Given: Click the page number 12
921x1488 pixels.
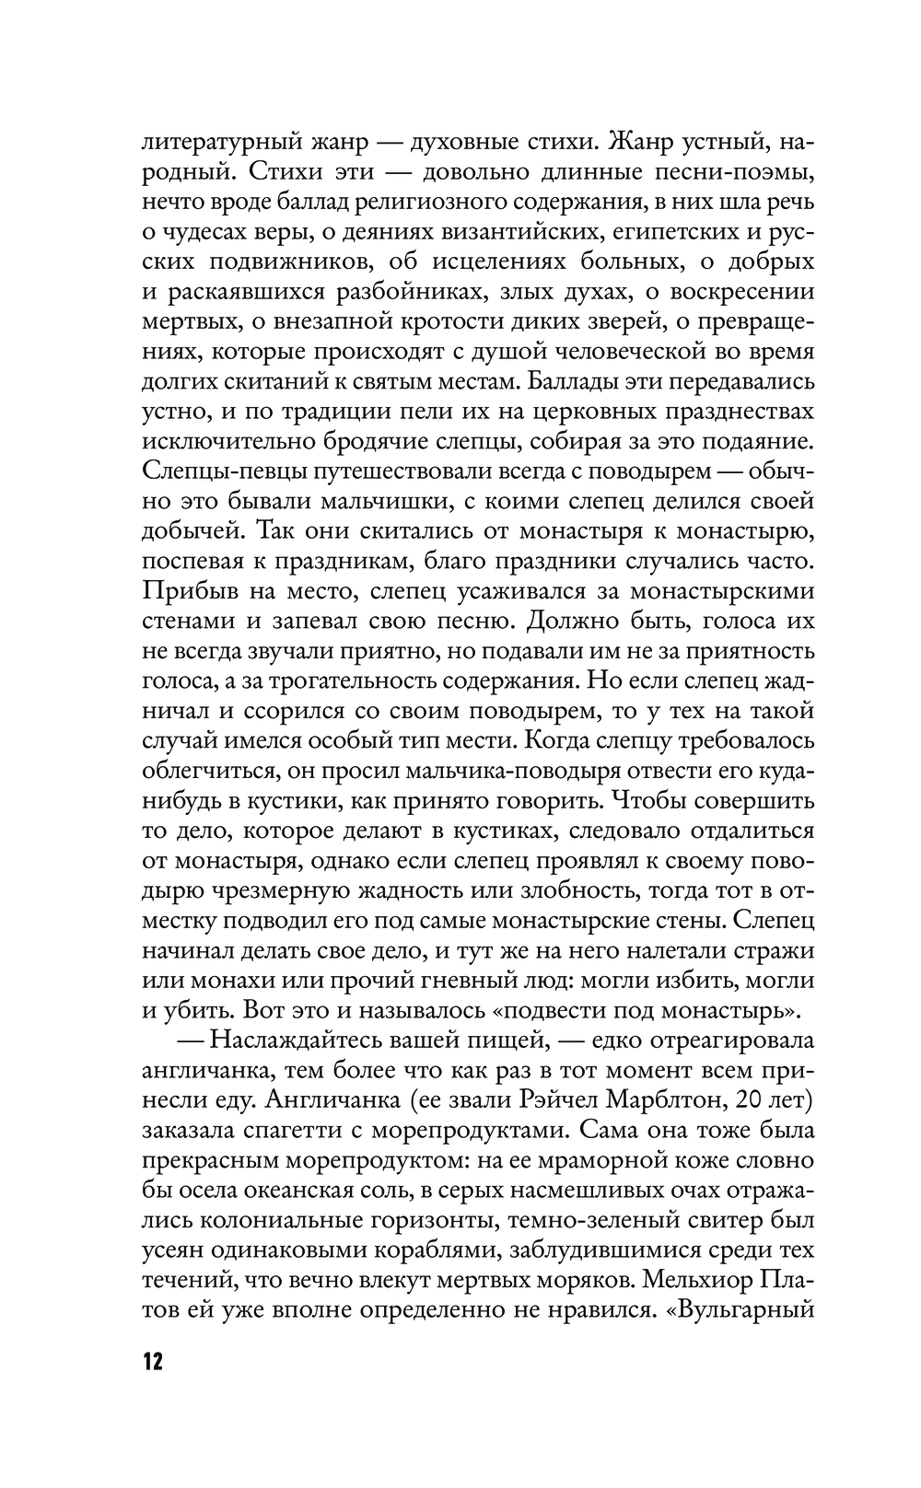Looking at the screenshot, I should coord(152,1361).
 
